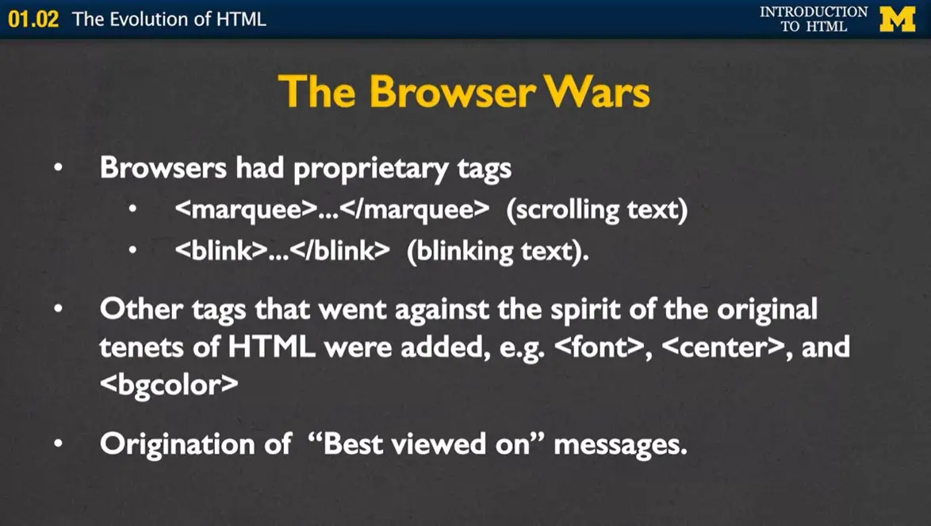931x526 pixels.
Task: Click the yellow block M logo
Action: click(x=897, y=18)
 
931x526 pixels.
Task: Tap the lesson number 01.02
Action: click(x=33, y=19)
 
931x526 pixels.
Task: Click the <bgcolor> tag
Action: click(x=168, y=385)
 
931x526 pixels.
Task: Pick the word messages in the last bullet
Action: click(x=619, y=443)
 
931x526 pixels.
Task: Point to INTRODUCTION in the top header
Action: click(x=814, y=11)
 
